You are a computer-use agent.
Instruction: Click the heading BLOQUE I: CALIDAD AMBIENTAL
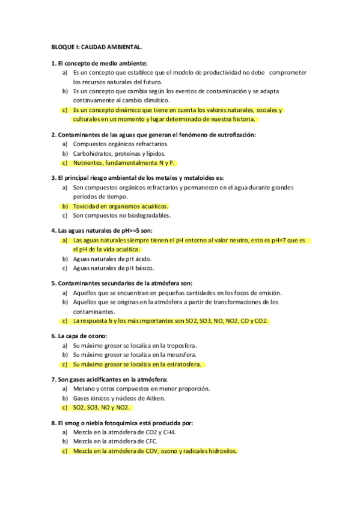(96, 46)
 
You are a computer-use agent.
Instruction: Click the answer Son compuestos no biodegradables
(121, 215)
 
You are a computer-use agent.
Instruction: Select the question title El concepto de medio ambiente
(99, 63)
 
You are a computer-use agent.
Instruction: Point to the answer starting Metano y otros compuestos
(141, 389)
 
